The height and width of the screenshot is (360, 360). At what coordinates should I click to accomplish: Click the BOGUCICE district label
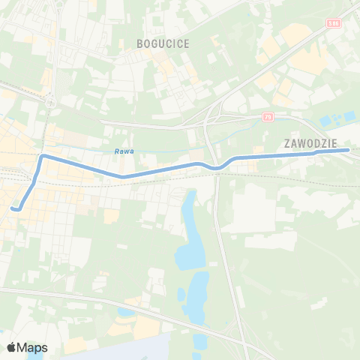[163, 44]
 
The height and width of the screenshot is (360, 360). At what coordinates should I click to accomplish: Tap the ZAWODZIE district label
[311, 142]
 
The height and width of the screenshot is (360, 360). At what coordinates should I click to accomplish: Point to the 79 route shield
[268, 117]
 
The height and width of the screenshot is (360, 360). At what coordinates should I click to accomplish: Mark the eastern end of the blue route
[348, 150]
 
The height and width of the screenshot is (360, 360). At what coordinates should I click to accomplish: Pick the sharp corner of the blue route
[43, 157]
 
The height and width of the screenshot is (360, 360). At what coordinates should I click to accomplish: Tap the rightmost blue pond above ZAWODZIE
[349, 116]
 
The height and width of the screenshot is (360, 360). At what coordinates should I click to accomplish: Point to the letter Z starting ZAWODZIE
[288, 142]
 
